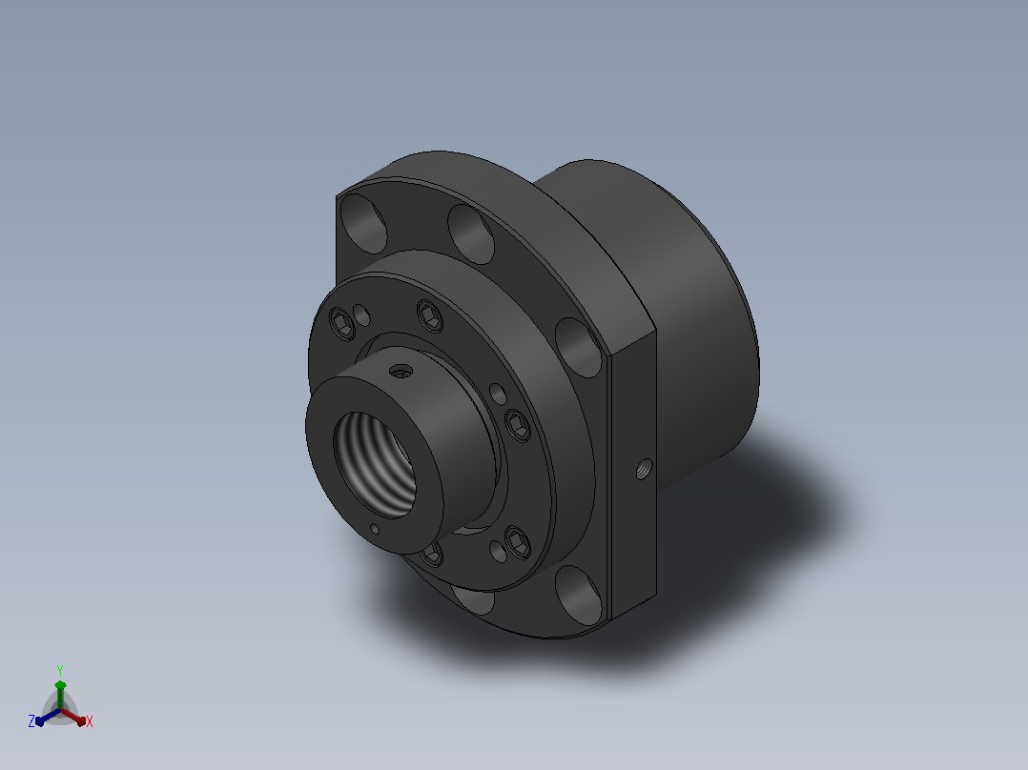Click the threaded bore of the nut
click(374, 464)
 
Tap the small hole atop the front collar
click(401, 373)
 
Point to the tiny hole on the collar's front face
click(375, 529)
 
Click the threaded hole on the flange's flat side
click(644, 469)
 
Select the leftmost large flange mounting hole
click(364, 223)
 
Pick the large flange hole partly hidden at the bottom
click(473, 599)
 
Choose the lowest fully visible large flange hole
click(578, 595)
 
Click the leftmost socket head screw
click(341, 324)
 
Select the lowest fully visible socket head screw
click(518, 542)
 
